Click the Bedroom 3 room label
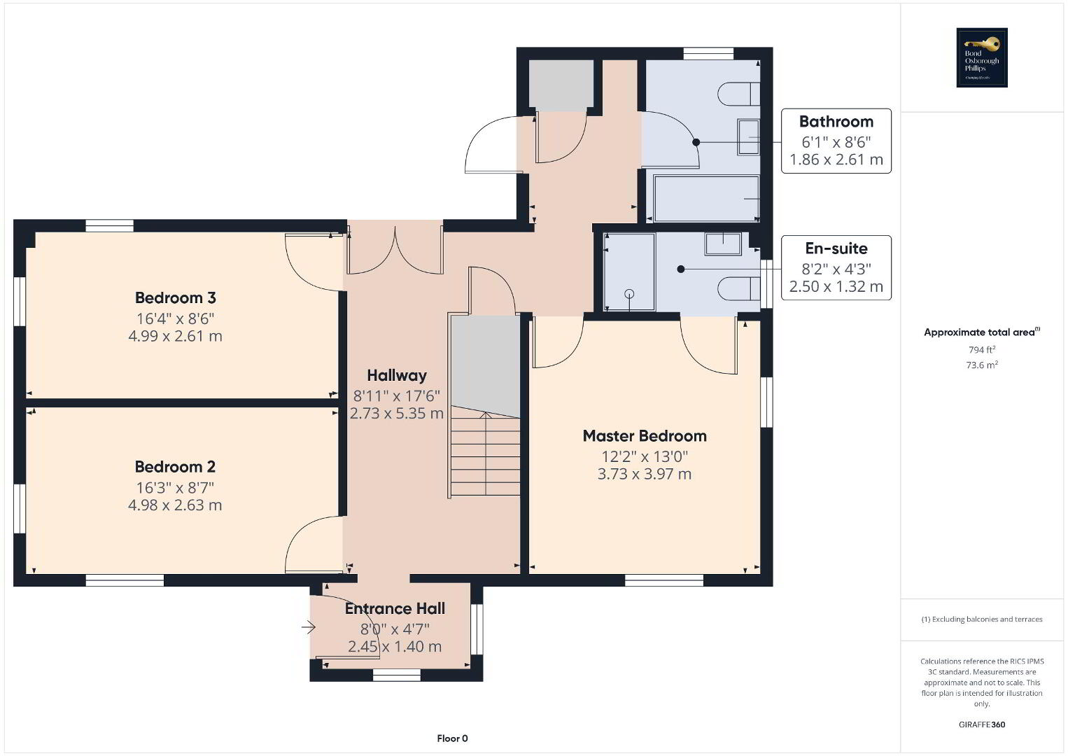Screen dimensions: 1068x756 pos(176,297)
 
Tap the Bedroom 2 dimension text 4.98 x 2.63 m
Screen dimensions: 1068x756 pos(175,505)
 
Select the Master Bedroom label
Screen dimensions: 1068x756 pos(645,436)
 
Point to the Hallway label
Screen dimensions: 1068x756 pos(397,375)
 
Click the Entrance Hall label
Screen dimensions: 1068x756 pos(395,608)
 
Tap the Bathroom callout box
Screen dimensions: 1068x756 pos(836,141)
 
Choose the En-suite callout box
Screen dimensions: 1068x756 pos(836,267)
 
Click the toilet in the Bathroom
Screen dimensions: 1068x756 pos(738,94)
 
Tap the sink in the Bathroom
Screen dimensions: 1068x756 pos(749,137)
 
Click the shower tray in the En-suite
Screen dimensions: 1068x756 pos(629,272)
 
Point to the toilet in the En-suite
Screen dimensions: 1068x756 pos(739,288)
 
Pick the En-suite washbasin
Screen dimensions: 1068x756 pos(723,244)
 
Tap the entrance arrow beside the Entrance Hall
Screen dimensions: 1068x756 pos(309,627)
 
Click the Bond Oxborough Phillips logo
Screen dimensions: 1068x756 pos(982,57)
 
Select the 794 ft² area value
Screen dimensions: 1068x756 pos(982,349)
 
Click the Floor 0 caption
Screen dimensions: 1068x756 pos(453,738)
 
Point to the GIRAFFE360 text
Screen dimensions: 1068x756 pos(982,724)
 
